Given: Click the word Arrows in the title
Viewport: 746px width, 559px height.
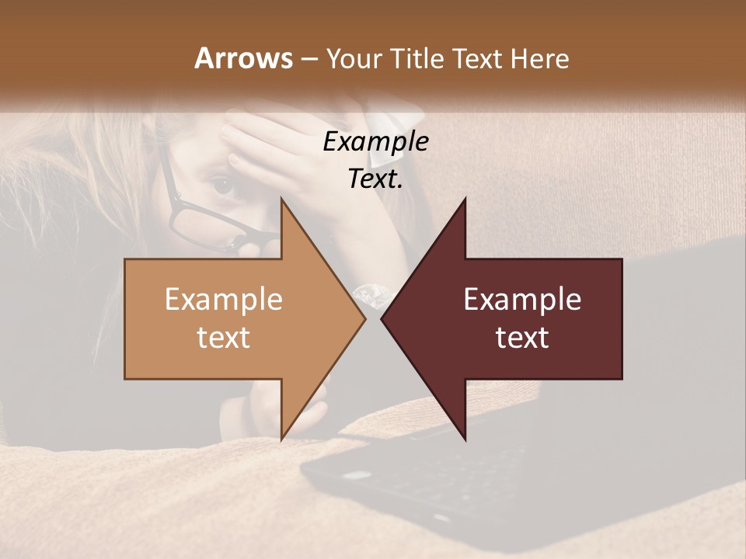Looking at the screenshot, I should [243, 58].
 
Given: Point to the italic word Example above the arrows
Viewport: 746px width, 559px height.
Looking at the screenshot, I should [375, 141].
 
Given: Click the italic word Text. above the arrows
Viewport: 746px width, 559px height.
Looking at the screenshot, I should [375, 179].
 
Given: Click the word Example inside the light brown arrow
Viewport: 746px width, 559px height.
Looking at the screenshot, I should [224, 300].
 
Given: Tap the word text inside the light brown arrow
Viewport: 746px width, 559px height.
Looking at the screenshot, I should [224, 337].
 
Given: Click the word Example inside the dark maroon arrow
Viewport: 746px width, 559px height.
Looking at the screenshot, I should [522, 300].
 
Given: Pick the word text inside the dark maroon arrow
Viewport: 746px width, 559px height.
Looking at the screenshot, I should [522, 337].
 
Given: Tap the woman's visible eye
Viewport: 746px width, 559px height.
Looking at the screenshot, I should [223, 185].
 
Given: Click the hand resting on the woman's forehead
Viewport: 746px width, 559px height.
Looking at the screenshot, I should [264, 144].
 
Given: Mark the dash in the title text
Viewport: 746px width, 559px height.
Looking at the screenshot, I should [309, 59].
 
